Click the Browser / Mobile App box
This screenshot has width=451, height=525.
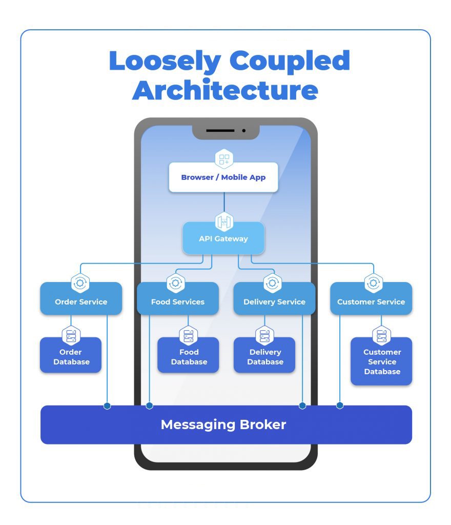click(x=223, y=177)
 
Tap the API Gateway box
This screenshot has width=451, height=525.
click(x=223, y=238)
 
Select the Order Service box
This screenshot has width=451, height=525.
click(x=81, y=301)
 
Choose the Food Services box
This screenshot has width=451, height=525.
click(x=177, y=301)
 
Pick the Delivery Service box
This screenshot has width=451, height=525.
click(x=274, y=301)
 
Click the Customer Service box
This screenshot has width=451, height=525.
click(x=371, y=301)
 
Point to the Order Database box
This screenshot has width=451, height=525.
click(x=71, y=357)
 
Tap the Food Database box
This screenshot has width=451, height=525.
click(x=189, y=357)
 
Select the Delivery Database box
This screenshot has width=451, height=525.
click(x=265, y=357)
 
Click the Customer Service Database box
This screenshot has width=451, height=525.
click(x=382, y=362)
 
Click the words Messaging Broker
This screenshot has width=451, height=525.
click(x=223, y=425)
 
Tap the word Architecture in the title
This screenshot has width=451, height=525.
click(x=225, y=90)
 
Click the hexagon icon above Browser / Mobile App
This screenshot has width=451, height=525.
click(x=224, y=159)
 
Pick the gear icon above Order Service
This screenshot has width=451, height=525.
click(x=81, y=282)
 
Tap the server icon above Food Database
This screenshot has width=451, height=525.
click(x=189, y=336)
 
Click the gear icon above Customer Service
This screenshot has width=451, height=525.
click(x=373, y=282)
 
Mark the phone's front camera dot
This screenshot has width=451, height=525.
click(x=244, y=131)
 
